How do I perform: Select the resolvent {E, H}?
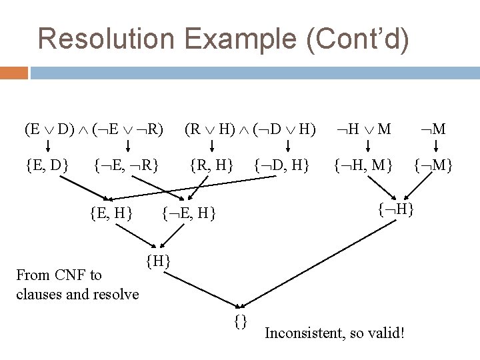(111, 213)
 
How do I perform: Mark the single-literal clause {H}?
(158, 260)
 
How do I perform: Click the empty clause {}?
(241, 321)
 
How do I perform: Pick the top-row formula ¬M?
(432, 128)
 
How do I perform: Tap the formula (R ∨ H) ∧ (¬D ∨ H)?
(250, 128)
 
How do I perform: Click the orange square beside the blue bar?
(14, 72)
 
